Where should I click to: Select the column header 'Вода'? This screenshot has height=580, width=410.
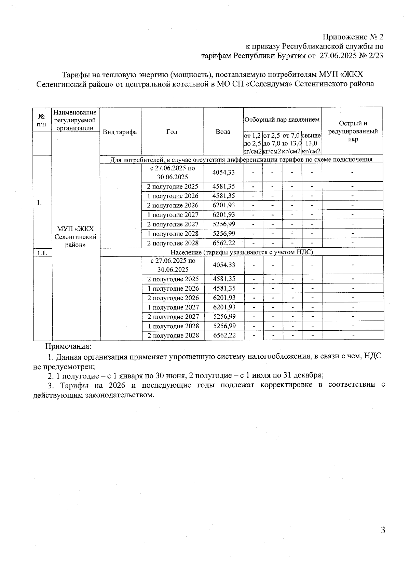click(223, 132)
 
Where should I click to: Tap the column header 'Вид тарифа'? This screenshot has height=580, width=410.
click(120, 132)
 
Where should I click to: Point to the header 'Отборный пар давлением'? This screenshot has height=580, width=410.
click(282, 120)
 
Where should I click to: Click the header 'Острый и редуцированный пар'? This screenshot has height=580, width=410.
click(353, 132)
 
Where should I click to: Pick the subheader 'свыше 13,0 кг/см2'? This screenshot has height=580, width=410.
click(311, 143)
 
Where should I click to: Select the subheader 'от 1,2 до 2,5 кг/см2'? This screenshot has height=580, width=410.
click(252, 143)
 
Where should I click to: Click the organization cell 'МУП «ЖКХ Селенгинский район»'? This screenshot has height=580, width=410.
click(75, 237)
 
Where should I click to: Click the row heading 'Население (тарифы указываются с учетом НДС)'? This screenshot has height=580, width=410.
click(242, 252)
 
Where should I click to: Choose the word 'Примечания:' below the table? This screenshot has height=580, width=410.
click(69, 346)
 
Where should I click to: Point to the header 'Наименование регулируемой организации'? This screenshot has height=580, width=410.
click(75, 120)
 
